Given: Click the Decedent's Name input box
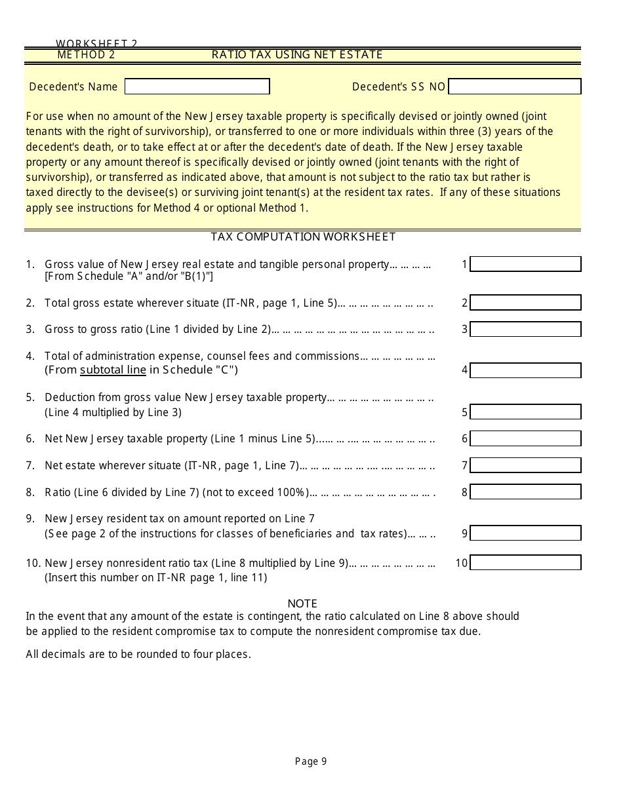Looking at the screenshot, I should [197, 86].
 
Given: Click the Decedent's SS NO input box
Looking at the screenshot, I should [515, 86].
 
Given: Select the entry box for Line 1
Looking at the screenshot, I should [526, 264].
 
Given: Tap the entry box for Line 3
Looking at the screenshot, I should [526, 329].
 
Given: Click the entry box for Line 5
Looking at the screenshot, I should [526, 412].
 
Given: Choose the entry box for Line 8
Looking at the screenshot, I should [526, 491].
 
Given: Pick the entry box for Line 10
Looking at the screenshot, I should [526, 562].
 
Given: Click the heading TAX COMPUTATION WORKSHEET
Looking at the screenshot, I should [303, 237].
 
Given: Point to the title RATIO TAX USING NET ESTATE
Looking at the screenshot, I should [297, 54].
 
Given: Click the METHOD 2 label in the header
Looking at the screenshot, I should [86, 54].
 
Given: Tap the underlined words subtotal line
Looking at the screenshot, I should [113, 370].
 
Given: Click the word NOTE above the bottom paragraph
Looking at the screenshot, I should [302, 604].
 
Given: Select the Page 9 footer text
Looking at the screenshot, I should [311, 761].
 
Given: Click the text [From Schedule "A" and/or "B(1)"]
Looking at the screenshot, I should [129, 277].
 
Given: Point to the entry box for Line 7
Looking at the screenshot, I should [526, 465].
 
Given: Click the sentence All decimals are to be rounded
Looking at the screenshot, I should [138, 654].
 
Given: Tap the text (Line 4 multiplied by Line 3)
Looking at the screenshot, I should [113, 412].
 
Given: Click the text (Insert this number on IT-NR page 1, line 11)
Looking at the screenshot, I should [155, 577].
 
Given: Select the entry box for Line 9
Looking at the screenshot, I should [526, 533].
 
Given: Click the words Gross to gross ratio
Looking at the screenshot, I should [82, 329].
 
